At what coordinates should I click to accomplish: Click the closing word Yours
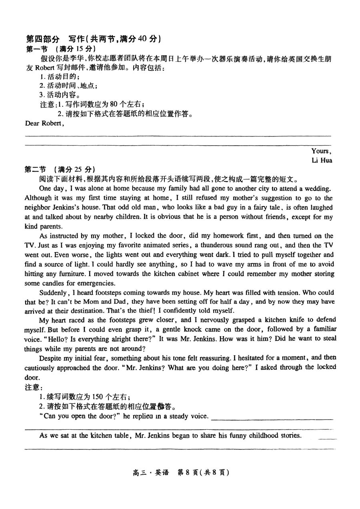pos(321,151)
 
